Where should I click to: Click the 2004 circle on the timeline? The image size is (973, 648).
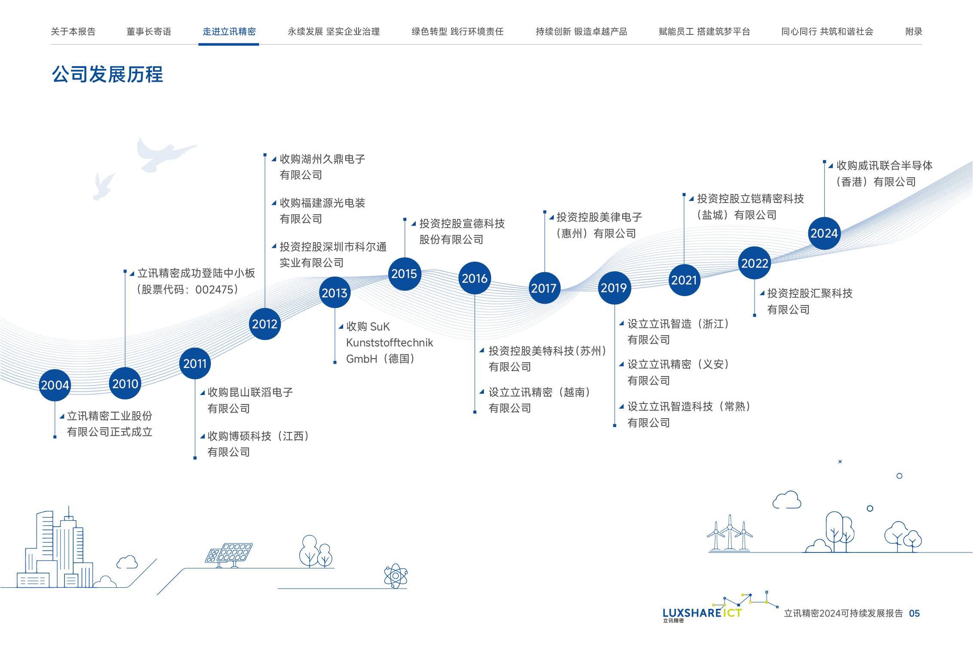[55, 385]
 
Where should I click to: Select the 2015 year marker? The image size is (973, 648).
[404, 274]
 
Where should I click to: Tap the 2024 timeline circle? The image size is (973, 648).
[824, 233]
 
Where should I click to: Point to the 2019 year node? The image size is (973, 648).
[614, 288]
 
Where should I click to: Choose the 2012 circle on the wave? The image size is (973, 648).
[264, 324]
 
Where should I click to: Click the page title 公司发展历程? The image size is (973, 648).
[107, 74]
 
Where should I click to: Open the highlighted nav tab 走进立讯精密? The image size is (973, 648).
[229, 31]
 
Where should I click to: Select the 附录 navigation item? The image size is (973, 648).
[914, 31]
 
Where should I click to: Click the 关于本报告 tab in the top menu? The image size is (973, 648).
[73, 31]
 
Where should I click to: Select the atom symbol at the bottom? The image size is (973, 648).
[396, 576]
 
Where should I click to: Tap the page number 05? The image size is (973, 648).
[914, 613]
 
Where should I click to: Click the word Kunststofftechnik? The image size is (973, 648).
[390, 343]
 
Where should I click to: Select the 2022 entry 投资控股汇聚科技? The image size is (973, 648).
[810, 293]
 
